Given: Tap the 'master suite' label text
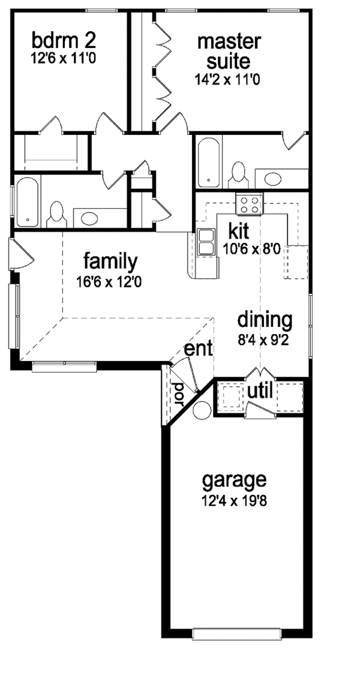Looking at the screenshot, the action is click(x=229, y=51).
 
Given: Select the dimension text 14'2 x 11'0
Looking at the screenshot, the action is click(x=227, y=80).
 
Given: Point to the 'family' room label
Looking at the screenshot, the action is click(x=110, y=262).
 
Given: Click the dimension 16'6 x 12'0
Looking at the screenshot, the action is click(x=109, y=282).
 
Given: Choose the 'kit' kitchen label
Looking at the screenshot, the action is click(x=238, y=231).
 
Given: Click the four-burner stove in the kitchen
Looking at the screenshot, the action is click(x=249, y=204).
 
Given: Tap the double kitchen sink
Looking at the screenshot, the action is click(x=205, y=242).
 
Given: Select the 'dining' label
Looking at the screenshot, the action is click(x=265, y=321).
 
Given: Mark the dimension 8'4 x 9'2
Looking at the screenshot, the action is click(x=265, y=340).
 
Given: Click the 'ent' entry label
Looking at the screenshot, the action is click(x=199, y=349).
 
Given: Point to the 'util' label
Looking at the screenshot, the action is click(x=260, y=391).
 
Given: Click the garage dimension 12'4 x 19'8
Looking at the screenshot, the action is click(x=234, y=501).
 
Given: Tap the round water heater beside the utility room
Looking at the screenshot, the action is click(x=202, y=410).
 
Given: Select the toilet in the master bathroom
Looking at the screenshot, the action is click(x=239, y=173).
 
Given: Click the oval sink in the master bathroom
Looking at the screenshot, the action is click(x=273, y=179).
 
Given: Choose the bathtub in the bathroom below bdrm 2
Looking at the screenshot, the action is click(x=28, y=202).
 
